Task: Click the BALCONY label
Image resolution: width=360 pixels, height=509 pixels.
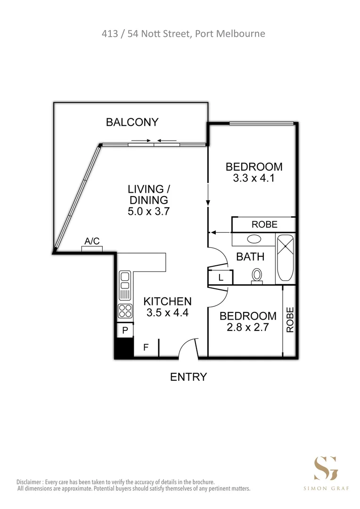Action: click(132, 123)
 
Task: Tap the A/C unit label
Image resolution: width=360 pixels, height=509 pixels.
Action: click(92, 241)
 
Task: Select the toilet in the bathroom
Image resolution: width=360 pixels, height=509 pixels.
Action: click(257, 275)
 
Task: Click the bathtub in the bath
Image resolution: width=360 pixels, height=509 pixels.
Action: click(285, 257)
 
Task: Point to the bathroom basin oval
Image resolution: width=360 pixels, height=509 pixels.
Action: click(254, 238)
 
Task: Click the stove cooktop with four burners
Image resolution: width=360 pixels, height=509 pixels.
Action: click(125, 311)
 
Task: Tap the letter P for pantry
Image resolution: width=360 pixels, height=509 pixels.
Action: click(125, 331)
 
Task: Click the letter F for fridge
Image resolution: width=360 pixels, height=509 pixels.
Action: click(146, 348)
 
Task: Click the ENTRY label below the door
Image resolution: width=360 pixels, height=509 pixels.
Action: click(188, 377)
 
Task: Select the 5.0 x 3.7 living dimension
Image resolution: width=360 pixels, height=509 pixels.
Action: click(148, 212)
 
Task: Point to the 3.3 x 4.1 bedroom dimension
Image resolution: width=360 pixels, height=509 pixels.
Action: click(254, 179)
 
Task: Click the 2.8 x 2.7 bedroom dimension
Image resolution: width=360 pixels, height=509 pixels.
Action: click(248, 328)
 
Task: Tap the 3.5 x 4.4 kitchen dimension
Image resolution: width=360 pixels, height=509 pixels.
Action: click(167, 312)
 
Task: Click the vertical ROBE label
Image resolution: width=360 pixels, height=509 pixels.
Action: click(290, 320)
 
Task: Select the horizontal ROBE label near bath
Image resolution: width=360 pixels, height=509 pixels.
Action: click(264, 224)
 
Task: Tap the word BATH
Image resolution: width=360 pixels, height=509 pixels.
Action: click(250, 257)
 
